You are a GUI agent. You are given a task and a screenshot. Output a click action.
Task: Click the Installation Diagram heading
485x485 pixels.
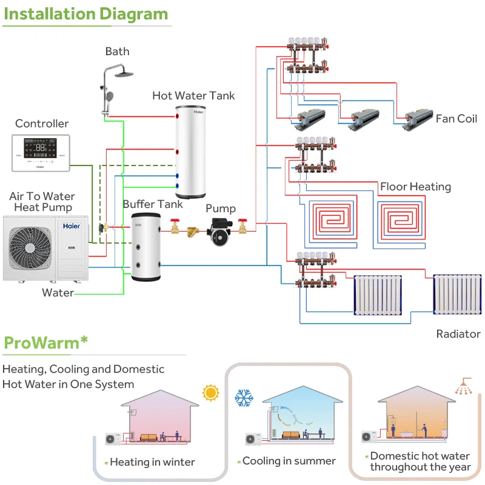(x=85, y=13)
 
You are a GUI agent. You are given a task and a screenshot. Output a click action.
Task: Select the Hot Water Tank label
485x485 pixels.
(x=193, y=95)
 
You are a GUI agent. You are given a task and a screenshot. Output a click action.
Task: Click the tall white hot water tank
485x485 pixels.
(x=193, y=153)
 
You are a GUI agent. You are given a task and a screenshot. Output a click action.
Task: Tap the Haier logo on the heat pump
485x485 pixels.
(x=72, y=226)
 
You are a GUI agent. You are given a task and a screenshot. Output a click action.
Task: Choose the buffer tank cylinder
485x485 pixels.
(x=145, y=246)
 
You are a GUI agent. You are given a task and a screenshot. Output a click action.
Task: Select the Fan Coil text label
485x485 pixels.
(x=457, y=118)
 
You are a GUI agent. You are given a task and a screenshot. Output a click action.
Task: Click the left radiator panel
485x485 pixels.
(x=378, y=295)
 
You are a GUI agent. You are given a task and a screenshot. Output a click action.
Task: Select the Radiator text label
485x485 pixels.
(x=458, y=334)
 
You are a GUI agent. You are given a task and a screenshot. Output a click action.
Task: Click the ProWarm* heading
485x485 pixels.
(x=45, y=343)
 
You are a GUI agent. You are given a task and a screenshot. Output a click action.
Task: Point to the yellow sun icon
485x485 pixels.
(x=210, y=392)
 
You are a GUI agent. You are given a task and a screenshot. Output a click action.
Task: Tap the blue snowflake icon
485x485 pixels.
(x=244, y=398)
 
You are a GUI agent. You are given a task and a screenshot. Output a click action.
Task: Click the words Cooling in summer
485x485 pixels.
(x=289, y=461)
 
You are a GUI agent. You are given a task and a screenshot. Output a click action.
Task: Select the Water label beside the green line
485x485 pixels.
(x=58, y=293)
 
